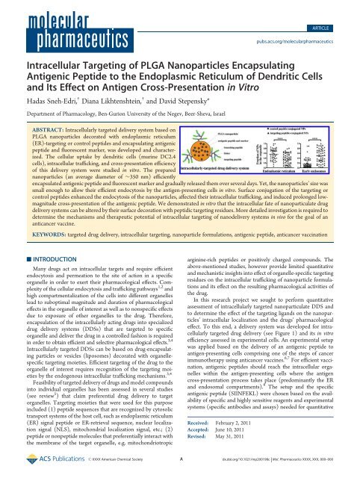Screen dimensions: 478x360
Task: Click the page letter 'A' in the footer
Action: coord(180,470)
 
